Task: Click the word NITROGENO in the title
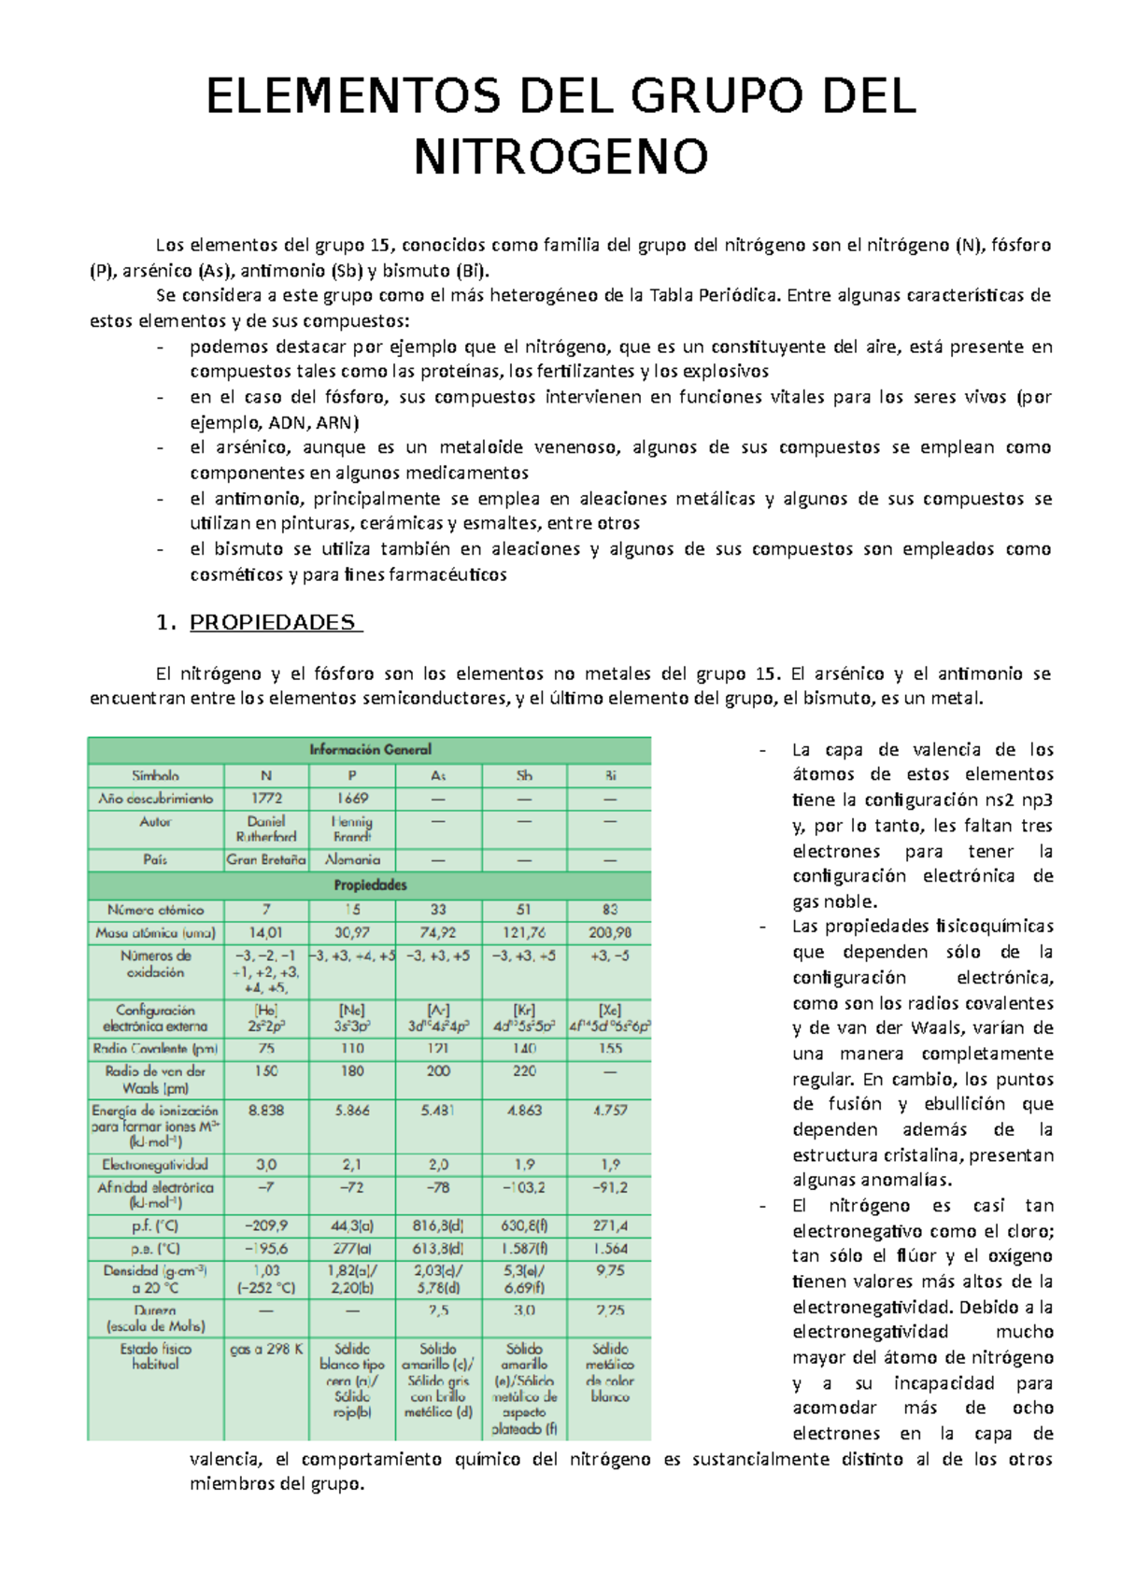560,157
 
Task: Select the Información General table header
370,749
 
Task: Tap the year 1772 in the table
266,799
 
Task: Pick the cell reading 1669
352,799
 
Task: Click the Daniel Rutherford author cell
266,829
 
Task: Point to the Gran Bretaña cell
266,859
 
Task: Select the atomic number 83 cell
610,909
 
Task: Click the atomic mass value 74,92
438,932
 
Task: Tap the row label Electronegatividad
156,1165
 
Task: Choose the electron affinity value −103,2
523,1188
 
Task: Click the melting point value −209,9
266,1225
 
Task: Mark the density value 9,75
610,1271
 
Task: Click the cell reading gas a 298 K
266,1349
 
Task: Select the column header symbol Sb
524,775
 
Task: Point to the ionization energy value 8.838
266,1111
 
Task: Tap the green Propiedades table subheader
370,885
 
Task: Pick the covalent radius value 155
610,1049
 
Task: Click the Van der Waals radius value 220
524,1071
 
